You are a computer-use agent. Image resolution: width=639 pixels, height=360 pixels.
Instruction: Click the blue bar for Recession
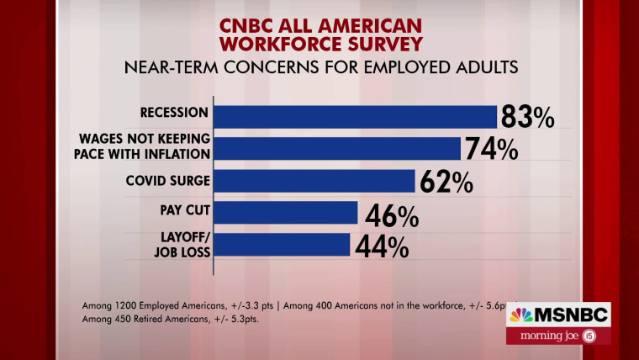pyautogui.click(x=356, y=117)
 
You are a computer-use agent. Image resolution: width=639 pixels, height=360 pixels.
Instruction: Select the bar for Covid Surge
pyautogui.click(x=315, y=181)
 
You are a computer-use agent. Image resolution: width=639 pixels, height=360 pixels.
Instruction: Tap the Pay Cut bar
pyautogui.click(x=287, y=213)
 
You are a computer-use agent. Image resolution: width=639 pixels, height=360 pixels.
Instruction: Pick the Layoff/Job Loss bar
pyautogui.click(x=283, y=244)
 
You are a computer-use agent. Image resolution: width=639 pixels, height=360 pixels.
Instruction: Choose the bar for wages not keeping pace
pyautogui.click(x=338, y=149)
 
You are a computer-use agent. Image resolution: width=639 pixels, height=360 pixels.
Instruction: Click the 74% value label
pyautogui.click(x=491, y=150)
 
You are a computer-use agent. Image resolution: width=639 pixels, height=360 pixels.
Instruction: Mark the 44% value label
pyautogui.click(x=382, y=246)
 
